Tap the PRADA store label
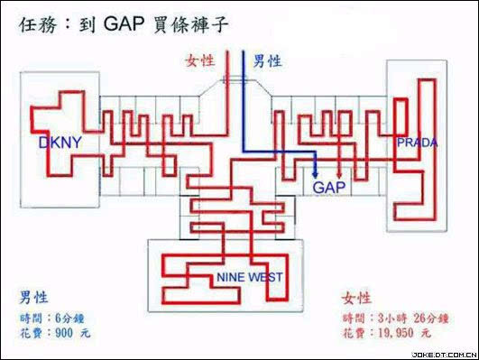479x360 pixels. point(418,143)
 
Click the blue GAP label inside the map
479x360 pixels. point(329,187)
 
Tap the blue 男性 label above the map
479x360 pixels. point(266,60)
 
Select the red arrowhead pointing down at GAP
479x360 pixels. point(338,174)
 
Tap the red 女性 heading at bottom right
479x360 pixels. point(357,297)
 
